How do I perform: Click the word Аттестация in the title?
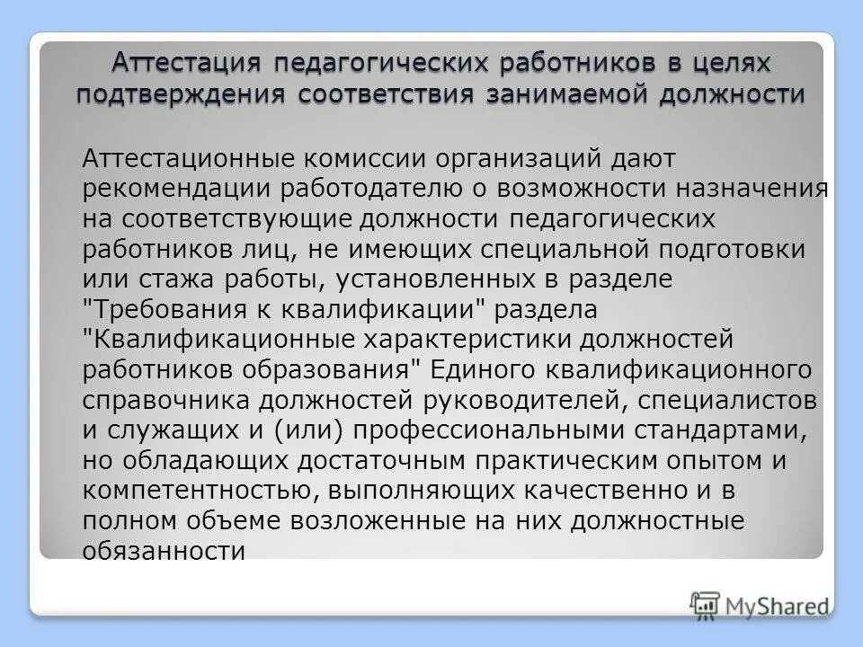pyautogui.click(x=185, y=65)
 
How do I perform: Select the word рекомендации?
pyautogui.click(x=182, y=189)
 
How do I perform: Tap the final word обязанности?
pyautogui.click(x=164, y=551)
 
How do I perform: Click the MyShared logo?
pyautogui.click(x=761, y=603)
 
